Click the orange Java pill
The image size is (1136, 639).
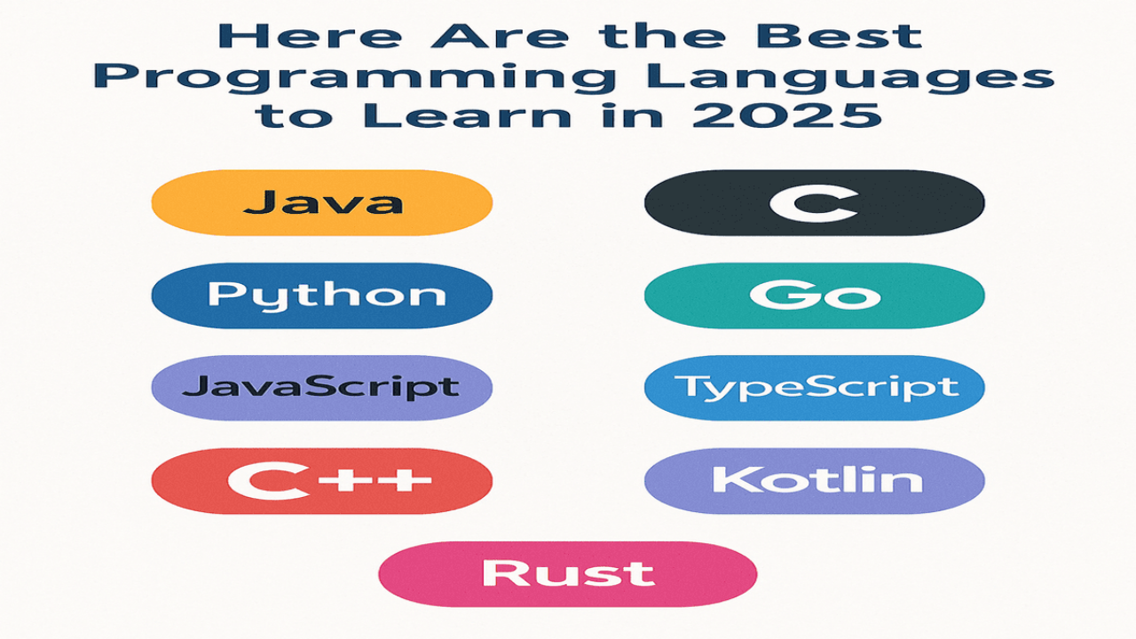tap(322, 202)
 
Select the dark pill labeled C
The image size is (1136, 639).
tap(815, 202)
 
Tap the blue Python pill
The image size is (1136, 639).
tap(322, 296)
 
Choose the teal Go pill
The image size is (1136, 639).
tap(815, 296)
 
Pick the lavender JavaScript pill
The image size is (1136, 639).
tap(322, 388)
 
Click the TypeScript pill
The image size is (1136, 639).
tap(815, 388)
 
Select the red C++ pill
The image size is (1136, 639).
tap(322, 481)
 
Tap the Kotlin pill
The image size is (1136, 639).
tap(815, 481)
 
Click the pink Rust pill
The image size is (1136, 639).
tap(568, 574)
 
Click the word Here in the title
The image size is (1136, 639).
tap(310, 35)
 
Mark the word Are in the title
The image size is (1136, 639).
tap(500, 35)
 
